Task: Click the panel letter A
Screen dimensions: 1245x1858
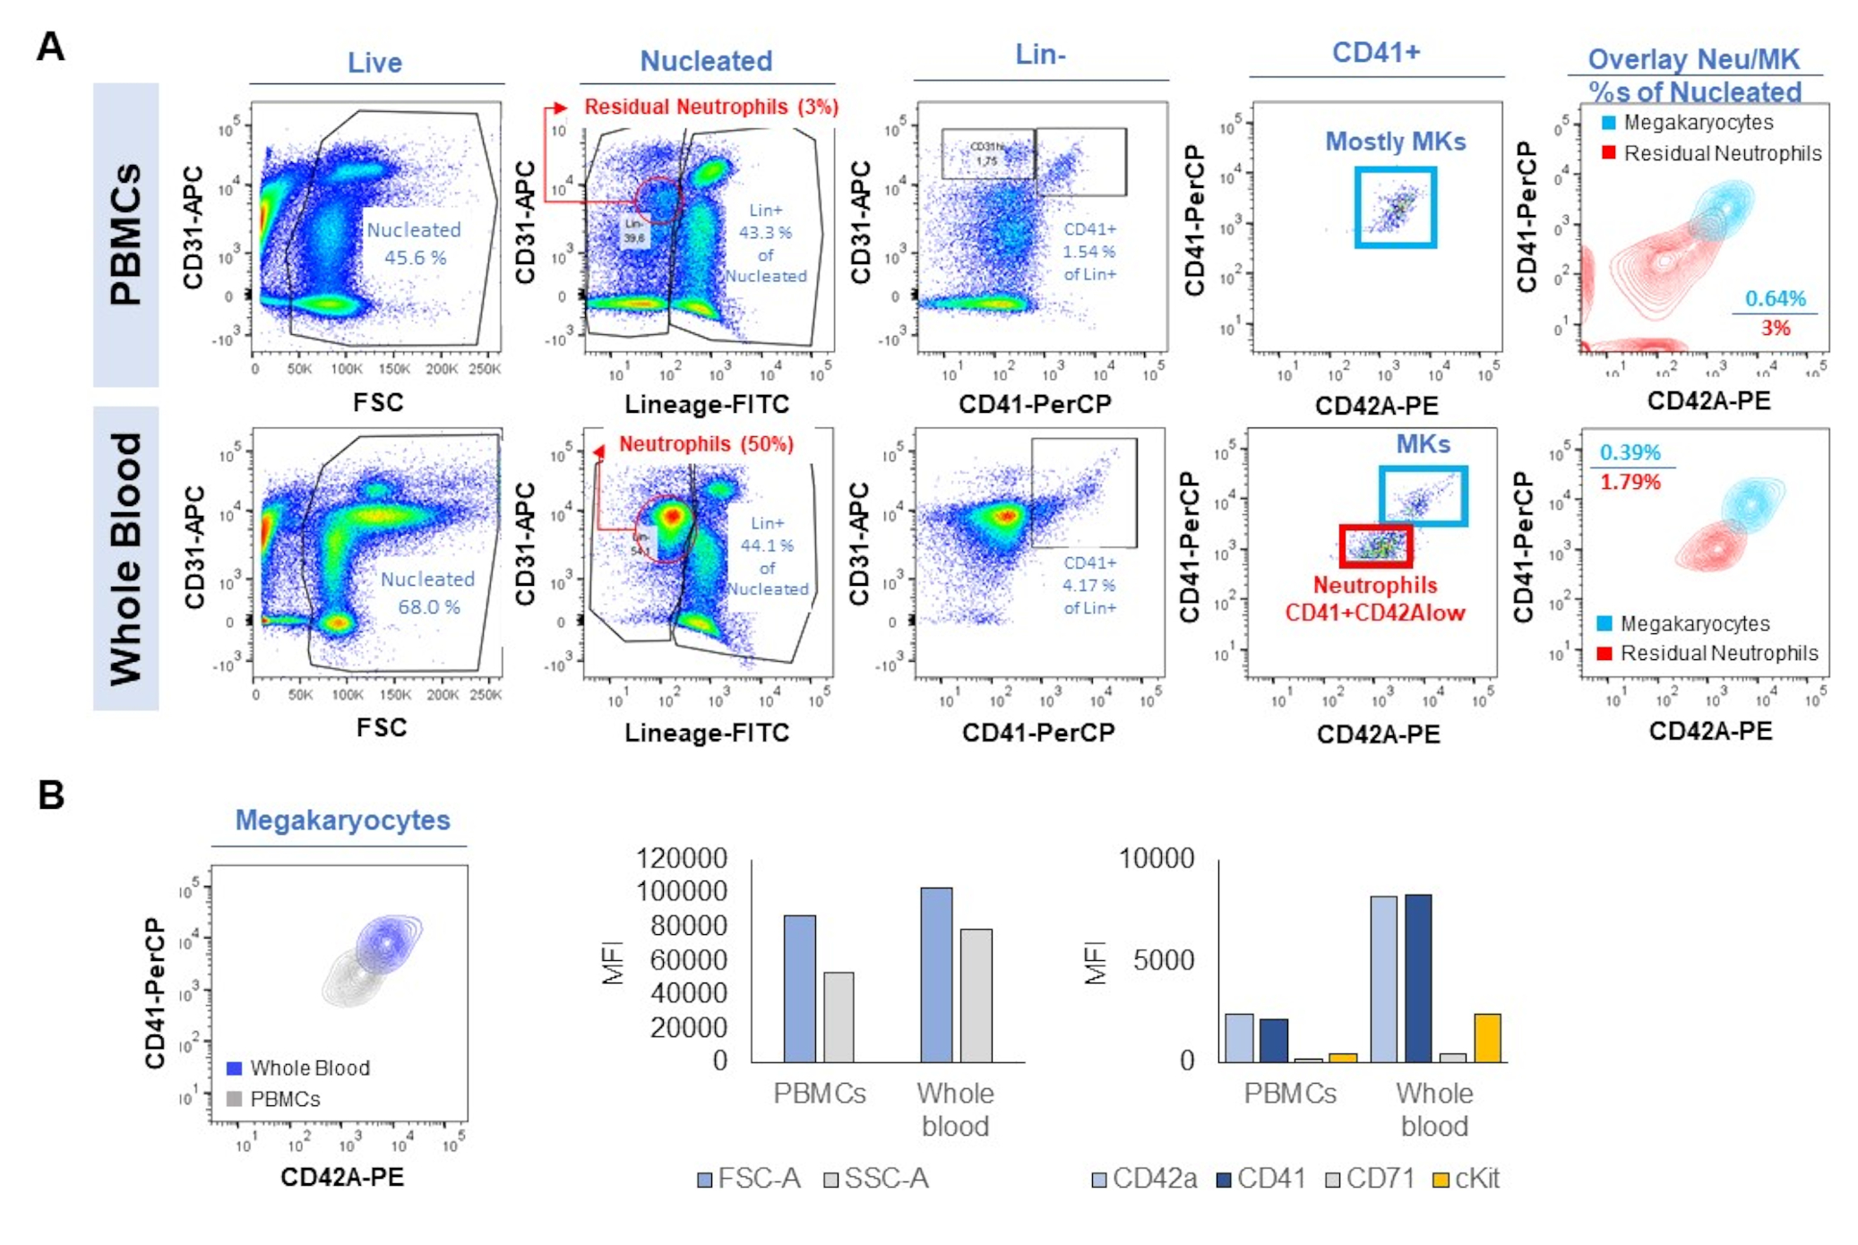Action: point(50,46)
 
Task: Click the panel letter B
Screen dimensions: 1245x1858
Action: point(50,794)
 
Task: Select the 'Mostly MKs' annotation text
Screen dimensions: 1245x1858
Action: point(1395,142)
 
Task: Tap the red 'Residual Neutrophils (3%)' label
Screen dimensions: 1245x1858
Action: point(710,107)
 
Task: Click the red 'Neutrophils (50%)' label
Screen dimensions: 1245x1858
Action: point(706,444)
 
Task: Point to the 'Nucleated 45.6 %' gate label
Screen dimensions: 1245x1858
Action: point(414,244)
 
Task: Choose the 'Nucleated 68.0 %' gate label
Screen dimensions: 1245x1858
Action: point(427,593)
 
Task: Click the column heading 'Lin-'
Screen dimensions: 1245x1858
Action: point(1040,55)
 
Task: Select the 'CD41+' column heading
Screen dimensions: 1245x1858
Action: point(1376,53)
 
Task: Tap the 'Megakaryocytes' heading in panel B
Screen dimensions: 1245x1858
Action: point(342,820)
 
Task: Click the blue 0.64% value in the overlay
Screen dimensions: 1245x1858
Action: point(1775,298)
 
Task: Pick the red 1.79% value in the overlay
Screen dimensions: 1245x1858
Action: point(1630,482)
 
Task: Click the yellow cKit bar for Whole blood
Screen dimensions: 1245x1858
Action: point(1487,1038)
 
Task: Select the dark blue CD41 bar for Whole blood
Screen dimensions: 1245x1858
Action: point(1417,978)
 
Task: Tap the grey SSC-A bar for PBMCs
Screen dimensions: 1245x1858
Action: point(839,1017)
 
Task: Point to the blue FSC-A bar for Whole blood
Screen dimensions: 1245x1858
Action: point(936,975)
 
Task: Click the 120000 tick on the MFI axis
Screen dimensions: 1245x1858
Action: point(681,858)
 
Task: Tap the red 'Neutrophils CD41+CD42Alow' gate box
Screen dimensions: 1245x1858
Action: point(1375,545)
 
